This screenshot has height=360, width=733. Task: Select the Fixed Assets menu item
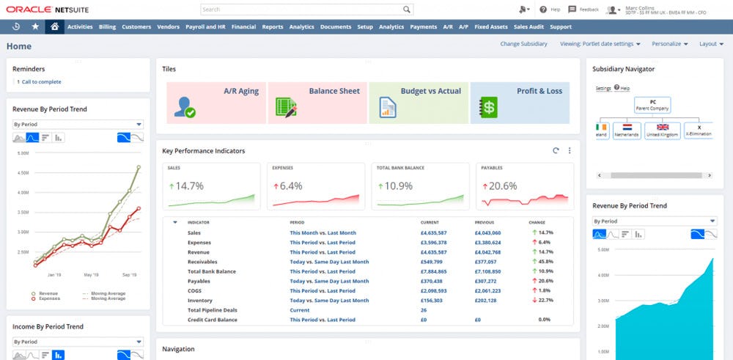pyautogui.click(x=491, y=27)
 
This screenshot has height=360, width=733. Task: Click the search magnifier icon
pyautogui.click(x=407, y=10)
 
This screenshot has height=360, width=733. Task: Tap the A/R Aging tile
pyautogui.click(x=216, y=102)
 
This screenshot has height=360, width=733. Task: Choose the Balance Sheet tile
pyautogui.click(x=317, y=102)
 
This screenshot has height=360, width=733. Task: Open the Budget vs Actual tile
pyautogui.click(x=419, y=102)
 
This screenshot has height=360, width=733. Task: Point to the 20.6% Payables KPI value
pyautogui.click(x=503, y=185)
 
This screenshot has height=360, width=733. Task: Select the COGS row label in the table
pyautogui.click(x=194, y=290)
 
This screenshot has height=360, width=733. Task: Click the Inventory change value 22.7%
pyautogui.click(x=543, y=300)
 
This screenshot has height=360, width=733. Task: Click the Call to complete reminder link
pyautogui.click(x=41, y=81)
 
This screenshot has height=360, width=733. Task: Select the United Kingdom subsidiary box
pyautogui.click(x=663, y=134)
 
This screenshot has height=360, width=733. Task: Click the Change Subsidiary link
pyautogui.click(x=523, y=44)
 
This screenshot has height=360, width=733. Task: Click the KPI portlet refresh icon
pyautogui.click(x=556, y=150)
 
